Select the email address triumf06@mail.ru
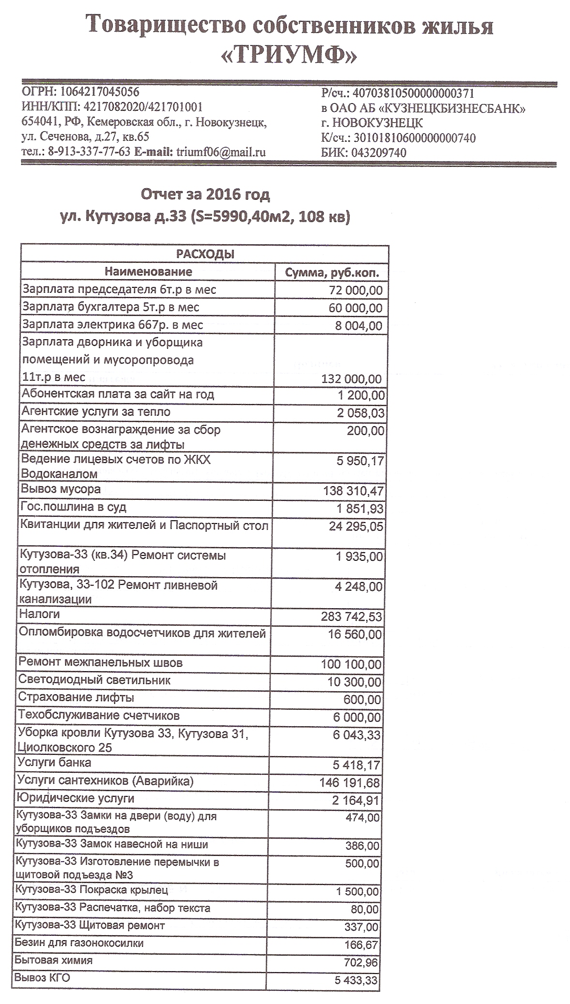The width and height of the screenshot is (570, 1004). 221,152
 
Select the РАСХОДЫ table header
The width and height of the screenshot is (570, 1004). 205,254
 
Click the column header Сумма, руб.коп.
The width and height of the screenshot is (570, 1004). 331,272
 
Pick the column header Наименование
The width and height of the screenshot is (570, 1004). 149,271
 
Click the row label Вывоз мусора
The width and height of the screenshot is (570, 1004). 61,489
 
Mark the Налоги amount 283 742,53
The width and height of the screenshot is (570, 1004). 351,616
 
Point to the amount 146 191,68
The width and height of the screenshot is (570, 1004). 350,782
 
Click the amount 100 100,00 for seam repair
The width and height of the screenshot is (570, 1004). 351,664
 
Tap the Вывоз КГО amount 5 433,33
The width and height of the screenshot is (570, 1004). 356,981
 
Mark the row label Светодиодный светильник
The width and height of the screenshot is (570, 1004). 94,680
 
